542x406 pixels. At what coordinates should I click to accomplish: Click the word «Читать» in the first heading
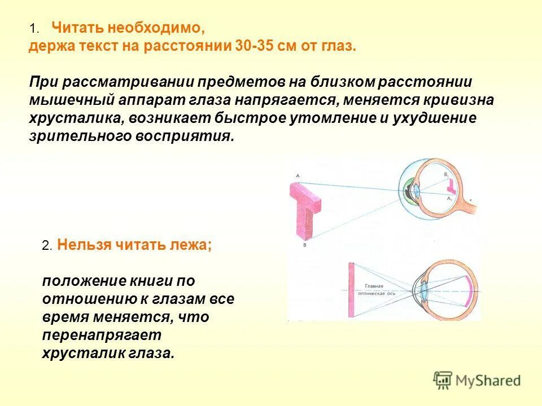coord(75,28)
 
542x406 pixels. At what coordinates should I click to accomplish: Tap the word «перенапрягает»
coord(102,335)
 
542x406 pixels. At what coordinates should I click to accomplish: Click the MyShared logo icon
coord(444,381)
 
